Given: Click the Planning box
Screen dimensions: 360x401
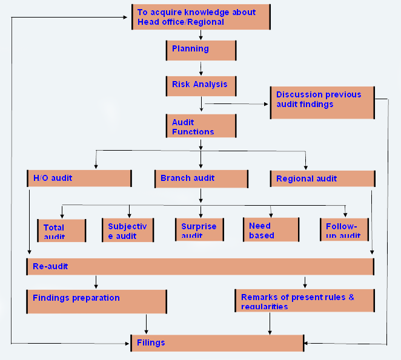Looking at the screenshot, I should pyautogui.click(x=201, y=50).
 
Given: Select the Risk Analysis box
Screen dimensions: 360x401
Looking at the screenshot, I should pyautogui.click(x=201, y=85).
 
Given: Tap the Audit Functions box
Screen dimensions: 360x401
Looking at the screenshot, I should pyautogui.click(x=201, y=126).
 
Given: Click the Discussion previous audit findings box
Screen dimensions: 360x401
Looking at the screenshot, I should pyautogui.click(x=322, y=102).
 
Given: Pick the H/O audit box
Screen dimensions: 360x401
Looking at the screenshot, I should pyautogui.click(x=79, y=178).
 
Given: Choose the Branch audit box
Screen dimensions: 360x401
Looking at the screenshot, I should pyautogui.click(x=201, y=178).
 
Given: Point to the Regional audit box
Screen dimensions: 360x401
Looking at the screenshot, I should pyautogui.click(x=322, y=178).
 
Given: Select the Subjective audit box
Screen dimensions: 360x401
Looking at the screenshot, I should pyautogui.click(x=128, y=230).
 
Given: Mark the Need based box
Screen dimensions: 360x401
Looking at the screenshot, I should pyautogui.click(x=271, y=230).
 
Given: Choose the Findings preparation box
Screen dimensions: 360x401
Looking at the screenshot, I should pyautogui.click(x=96, y=301).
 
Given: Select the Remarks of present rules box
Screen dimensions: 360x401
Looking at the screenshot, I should pyautogui.click(x=304, y=301).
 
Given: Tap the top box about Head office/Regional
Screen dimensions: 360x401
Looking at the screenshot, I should pyautogui.click(x=201, y=17).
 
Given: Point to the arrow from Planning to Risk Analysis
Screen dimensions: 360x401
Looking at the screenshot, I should pyautogui.click(x=201, y=68).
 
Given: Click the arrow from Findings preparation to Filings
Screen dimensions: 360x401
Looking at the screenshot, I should pyautogui.click(x=145, y=324).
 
